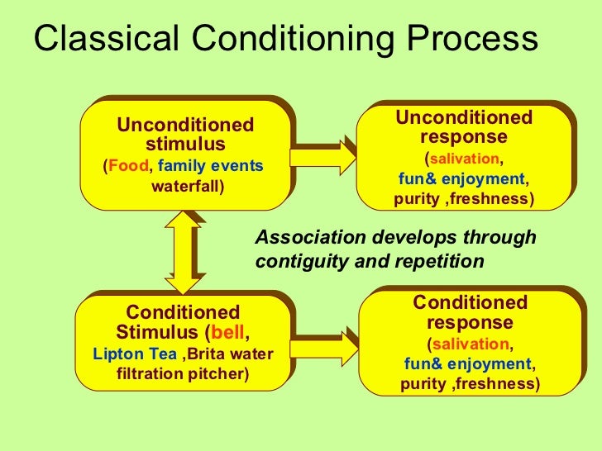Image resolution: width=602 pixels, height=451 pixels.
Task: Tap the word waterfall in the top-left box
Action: (x=185, y=186)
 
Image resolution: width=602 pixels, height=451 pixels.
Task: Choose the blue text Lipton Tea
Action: (x=135, y=354)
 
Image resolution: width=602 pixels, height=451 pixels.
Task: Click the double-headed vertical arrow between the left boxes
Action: (x=183, y=252)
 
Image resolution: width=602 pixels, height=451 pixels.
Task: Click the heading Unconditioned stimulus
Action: (x=185, y=135)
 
